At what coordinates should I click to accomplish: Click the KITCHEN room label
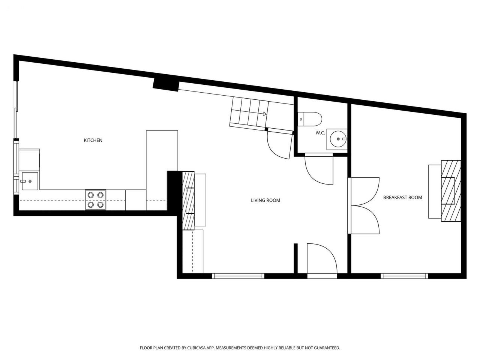click(x=93, y=140)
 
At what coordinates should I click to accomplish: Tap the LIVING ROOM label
click(x=265, y=200)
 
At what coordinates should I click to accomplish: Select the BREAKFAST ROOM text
click(x=403, y=197)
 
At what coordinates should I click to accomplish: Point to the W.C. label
click(x=320, y=133)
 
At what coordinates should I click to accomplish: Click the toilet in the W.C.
click(x=310, y=119)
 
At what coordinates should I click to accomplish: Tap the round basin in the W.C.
click(x=338, y=139)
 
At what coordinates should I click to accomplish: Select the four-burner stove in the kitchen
click(x=96, y=200)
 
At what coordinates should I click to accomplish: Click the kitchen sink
click(x=30, y=181)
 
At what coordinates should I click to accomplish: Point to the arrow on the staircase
click(x=265, y=114)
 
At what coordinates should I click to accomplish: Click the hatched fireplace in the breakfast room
click(x=451, y=191)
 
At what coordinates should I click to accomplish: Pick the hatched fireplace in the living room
click(x=188, y=200)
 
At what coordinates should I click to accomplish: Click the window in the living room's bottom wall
click(x=238, y=276)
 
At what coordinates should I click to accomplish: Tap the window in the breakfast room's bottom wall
click(x=404, y=276)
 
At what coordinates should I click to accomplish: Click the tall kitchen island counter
click(x=162, y=171)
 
